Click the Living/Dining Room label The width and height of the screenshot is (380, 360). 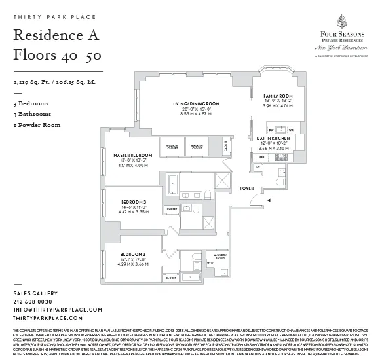[196, 104]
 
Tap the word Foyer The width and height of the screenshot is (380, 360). [247, 188]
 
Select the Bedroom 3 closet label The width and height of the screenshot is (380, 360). [171, 209]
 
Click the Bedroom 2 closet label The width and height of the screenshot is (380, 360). [171, 278]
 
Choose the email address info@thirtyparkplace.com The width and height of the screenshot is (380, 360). [58, 309]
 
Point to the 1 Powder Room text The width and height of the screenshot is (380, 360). [37, 124]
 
